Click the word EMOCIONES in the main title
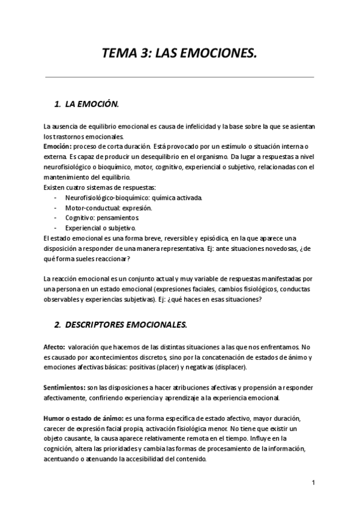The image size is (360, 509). [x=220, y=55]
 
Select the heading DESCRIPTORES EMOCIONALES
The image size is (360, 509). [x=125, y=325]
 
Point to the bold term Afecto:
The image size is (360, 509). [x=55, y=348]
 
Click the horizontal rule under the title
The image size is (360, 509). [x=179, y=76]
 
